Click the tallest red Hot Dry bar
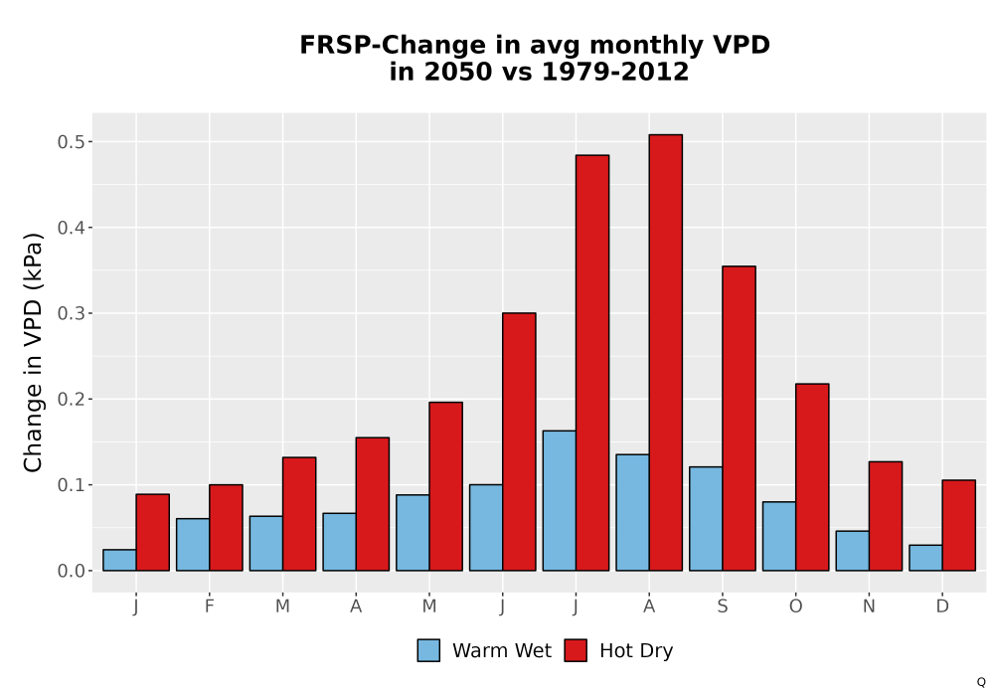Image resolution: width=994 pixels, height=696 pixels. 666,352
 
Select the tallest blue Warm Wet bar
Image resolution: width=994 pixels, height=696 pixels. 559,501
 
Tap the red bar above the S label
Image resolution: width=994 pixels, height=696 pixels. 740,419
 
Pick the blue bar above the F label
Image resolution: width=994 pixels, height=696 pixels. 193,545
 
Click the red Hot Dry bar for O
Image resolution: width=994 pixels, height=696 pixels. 812,477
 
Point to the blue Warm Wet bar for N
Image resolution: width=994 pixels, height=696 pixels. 853,551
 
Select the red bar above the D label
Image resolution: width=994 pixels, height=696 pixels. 958,526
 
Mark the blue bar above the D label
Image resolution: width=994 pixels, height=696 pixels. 925,558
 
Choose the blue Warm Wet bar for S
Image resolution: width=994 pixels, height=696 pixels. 706,518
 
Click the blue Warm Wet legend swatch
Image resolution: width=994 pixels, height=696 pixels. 428,650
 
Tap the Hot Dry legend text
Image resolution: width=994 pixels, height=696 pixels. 636,651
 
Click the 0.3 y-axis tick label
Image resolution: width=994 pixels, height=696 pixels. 71,314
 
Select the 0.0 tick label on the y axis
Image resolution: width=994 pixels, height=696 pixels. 71,571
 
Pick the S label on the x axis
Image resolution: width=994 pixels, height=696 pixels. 722,607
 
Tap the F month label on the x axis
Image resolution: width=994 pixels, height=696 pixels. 209,607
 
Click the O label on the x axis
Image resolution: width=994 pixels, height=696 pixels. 795,607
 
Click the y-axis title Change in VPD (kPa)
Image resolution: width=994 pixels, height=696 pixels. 33,353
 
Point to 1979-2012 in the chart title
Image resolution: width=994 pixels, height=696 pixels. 615,72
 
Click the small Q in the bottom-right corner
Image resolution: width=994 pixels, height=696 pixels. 981,682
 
